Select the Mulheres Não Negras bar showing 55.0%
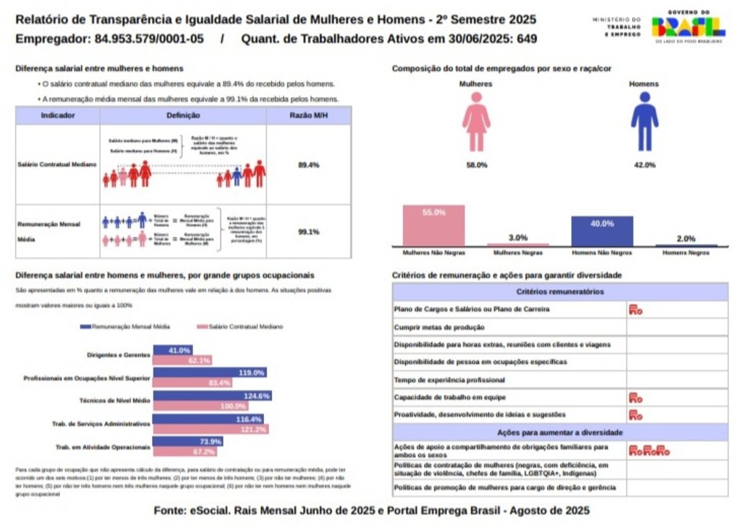[434, 225]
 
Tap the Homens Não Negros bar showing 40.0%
[602, 231]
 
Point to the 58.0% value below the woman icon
[476, 165]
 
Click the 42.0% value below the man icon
[644, 165]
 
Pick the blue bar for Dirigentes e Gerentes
[173, 351]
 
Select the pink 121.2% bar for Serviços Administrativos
[211, 430]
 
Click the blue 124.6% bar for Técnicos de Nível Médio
[212, 396]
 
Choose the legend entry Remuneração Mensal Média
[125, 327]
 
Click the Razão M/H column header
[309, 115]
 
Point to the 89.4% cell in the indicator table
[309, 165]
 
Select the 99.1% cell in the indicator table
[309, 232]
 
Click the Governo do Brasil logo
[688, 26]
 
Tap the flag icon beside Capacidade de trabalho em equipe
[635, 397]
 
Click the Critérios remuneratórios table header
[560, 292]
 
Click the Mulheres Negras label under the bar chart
[518, 253]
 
